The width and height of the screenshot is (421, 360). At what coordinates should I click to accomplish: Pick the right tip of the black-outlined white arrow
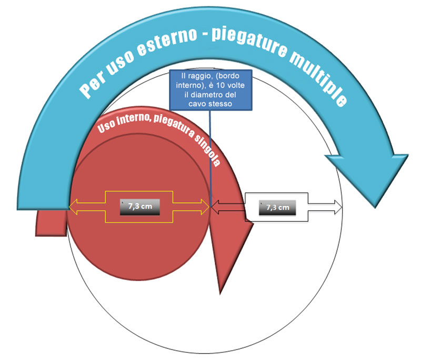tap(342, 208)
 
